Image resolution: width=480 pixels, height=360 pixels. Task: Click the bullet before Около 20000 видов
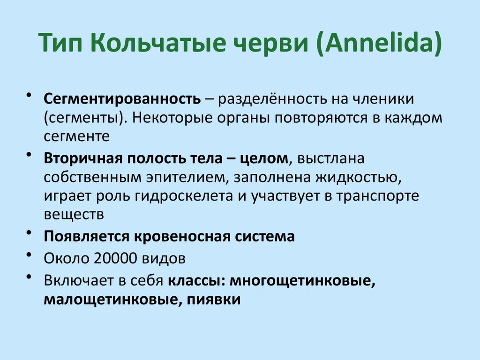[x=30, y=255]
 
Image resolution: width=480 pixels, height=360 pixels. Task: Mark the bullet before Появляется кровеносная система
[x=30, y=233]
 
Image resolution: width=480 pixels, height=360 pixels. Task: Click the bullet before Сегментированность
[x=30, y=96]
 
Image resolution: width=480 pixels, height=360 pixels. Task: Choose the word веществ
[x=73, y=215]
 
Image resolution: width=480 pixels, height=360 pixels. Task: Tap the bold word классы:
[x=196, y=280]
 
